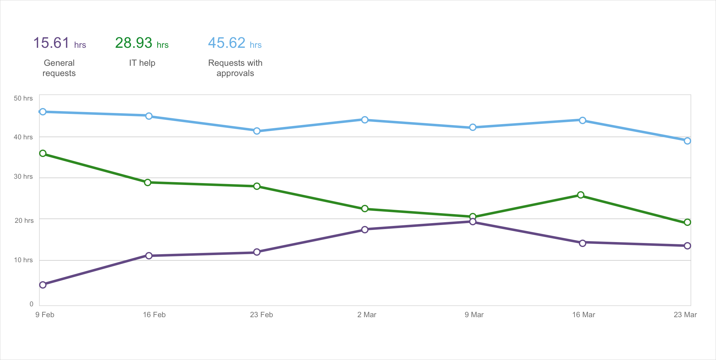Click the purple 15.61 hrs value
point(59,43)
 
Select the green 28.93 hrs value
point(141,43)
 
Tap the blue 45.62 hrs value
point(235,43)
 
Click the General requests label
point(59,68)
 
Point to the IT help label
point(142,63)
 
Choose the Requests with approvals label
point(235,68)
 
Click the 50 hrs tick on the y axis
point(23,98)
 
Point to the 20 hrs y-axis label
point(24,221)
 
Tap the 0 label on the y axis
point(31,304)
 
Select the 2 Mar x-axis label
point(367,315)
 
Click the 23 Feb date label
point(261,315)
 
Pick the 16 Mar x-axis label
point(584,315)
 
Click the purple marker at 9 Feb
point(43,285)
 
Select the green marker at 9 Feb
point(43,153)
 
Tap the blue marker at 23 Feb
point(257,131)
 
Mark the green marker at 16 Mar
point(581,195)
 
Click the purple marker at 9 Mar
point(473,222)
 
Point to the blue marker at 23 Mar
point(687,141)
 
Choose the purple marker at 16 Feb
point(149,256)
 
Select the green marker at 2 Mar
point(365,209)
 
